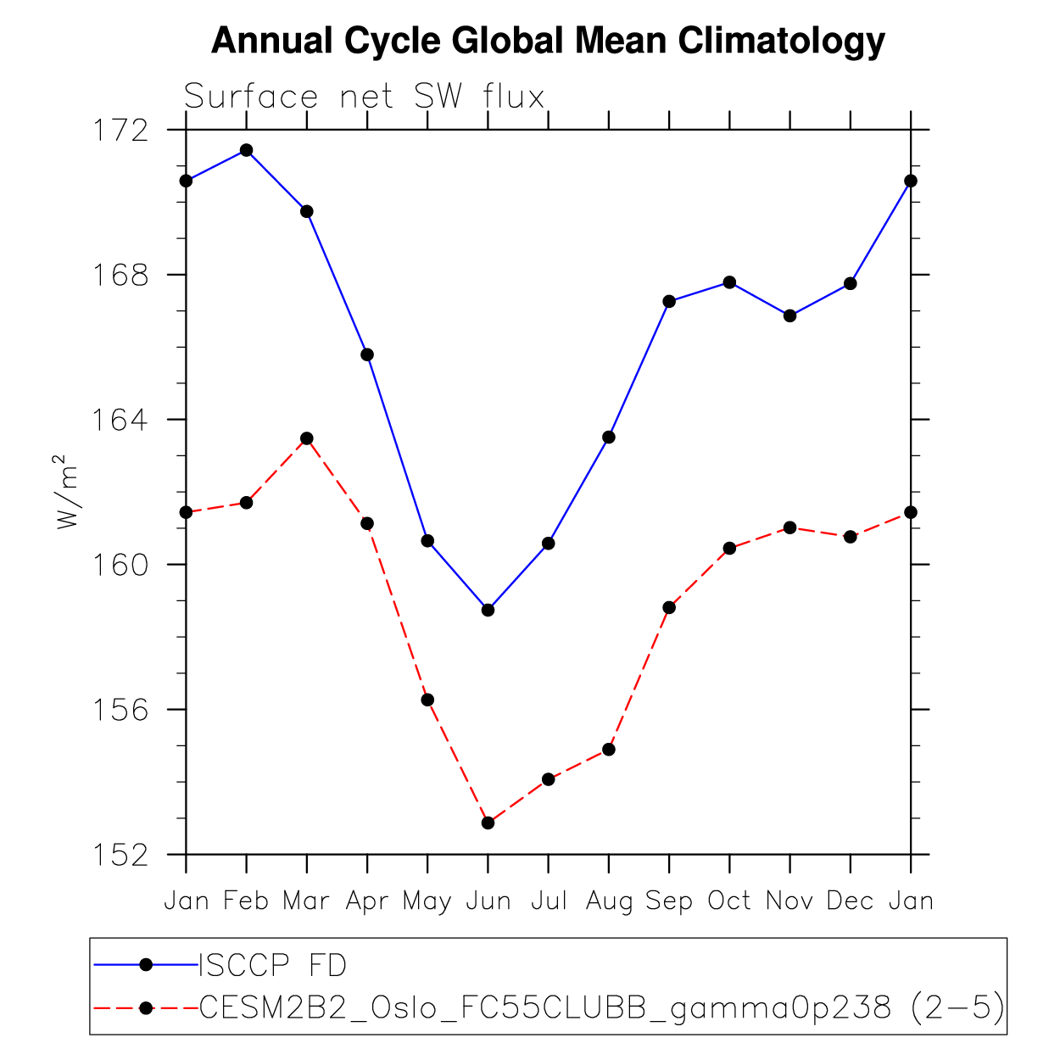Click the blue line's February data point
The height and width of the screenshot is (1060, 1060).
[x=246, y=150]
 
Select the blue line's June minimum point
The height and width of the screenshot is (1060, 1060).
[x=488, y=610]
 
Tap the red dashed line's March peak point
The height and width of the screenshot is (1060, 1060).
[x=307, y=438]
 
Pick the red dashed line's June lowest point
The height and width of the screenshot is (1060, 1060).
[x=488, y=823]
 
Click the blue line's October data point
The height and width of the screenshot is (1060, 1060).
[x=729, y=282]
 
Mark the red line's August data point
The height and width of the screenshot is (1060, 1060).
[x=608, y=750]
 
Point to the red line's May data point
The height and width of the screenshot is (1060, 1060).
[x=427, y=700]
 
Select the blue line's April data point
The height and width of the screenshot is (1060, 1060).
[x=367, y=354]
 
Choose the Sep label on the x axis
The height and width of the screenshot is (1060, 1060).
[x=669, y=901]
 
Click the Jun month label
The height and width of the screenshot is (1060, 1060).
[x=488, y=901]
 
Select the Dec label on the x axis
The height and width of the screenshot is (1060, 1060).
[x=850, y=901]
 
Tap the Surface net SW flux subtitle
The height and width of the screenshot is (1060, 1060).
[x=364, y=97]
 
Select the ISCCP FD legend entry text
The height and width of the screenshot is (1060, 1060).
[x=272, y=965]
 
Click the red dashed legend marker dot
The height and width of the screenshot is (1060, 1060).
[x=145, y=1007]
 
